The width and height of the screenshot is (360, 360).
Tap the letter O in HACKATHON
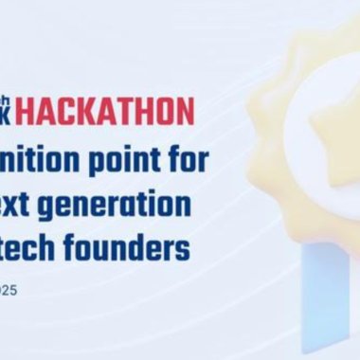(x=167, y=112)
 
